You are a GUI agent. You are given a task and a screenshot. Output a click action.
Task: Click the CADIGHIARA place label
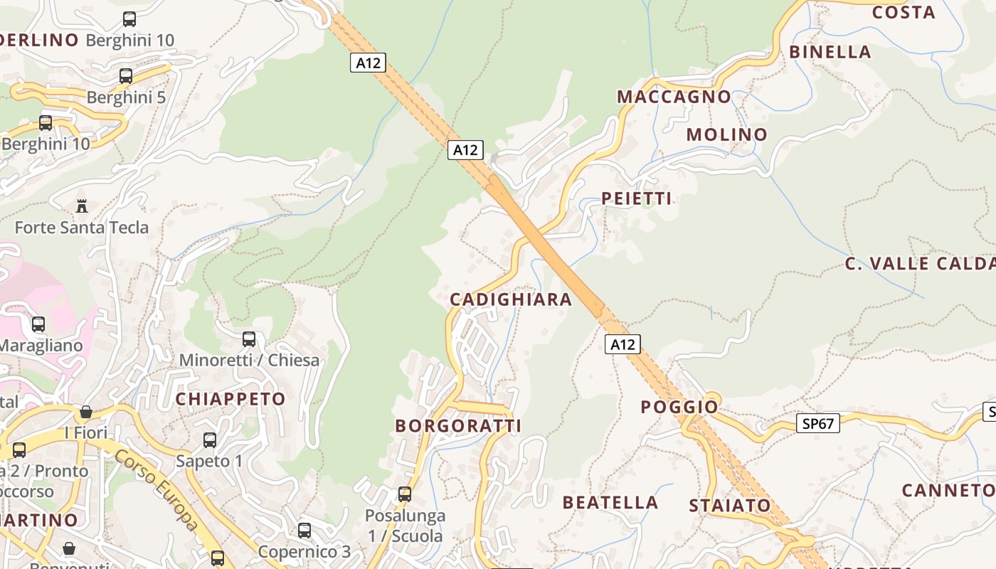[x=511, y=299]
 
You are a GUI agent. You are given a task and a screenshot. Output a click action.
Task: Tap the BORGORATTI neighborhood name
[x=458, y=426]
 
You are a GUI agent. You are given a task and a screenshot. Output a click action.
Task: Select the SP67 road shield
[x=818, y=424]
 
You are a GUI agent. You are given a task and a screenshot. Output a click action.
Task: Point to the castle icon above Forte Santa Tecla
[x=82, y=206]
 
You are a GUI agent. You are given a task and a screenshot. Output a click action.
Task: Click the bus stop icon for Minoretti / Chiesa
[x=249, y=339]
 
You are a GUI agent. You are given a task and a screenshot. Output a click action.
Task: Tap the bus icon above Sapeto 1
[x=210, y=440]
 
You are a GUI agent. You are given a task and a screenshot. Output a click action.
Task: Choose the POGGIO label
[x=679, y=407]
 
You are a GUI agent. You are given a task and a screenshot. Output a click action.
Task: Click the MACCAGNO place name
[x=674, y=97]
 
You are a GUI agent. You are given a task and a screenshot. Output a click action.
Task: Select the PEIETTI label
[x=637, y=198]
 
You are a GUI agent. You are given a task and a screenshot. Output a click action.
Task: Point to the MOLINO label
[x=727, y=134]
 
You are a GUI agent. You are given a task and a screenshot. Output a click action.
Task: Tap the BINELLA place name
[x=830, y=52]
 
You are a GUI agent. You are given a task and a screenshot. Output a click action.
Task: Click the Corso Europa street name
[x=157, y=491]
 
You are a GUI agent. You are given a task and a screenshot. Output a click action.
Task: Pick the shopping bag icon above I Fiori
[x=86, y=412]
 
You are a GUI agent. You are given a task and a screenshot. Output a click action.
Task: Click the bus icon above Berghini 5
[x=126, y=75]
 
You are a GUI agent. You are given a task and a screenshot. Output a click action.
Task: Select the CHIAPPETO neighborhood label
[x=231, y=399]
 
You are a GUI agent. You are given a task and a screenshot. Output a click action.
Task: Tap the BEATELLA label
[x=610, y=502]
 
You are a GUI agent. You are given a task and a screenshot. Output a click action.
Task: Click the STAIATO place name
[x=730, y=506]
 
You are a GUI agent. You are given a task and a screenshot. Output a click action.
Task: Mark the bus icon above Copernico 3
[x=304, y=530]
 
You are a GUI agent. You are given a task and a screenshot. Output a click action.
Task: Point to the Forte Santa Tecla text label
[x=82, y=228]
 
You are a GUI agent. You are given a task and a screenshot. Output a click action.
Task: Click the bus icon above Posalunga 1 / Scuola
[x=405, y=494]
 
